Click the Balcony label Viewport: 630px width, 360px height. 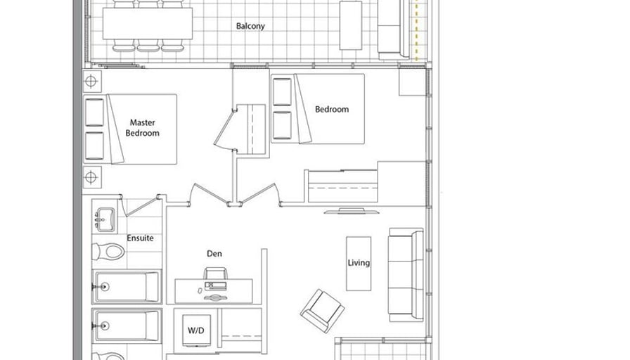(250, 26)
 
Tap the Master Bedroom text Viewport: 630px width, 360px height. (143, 128)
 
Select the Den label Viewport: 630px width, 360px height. (214, 254)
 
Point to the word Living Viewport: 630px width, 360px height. (359, 263)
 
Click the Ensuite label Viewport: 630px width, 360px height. (140, 238)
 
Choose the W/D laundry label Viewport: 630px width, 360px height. (196, 330)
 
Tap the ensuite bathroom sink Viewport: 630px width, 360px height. (105, 221)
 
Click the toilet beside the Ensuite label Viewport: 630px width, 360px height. (108, 252)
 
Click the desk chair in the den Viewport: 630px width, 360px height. (216, 274)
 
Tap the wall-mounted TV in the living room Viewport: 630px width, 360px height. (352, 211)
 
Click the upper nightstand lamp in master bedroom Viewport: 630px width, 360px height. (91, 82)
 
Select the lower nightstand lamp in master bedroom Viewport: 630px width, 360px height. (91, 177)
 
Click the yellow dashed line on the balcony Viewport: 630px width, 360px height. (417, 31)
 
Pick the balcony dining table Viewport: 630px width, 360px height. (148, 24)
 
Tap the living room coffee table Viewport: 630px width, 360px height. (359, 264)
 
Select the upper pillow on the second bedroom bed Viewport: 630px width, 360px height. (282, 92)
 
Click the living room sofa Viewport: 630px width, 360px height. (406, 275)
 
